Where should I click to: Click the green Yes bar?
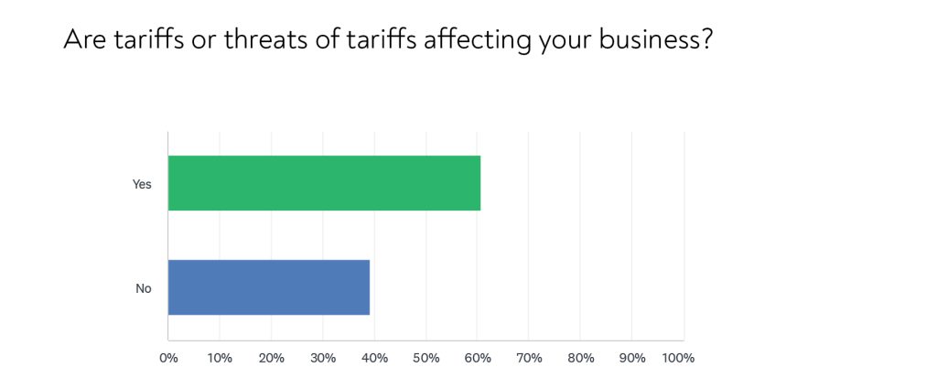click(324, 183)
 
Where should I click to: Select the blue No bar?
click(269, 287)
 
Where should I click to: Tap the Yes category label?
click(142, 184)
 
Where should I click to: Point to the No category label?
click(144, 288)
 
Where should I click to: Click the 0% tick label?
click(168, 358)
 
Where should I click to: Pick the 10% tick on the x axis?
click(220, 358)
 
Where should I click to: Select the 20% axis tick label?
click(272, 358)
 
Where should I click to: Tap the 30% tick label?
click(323, 358)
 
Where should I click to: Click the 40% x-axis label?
click(375, 358)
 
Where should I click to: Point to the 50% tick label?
click(426, 358)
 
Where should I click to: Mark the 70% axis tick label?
click(530, 358)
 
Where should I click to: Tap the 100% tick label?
click(678, 358)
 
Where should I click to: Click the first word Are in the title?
click(82, 40)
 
